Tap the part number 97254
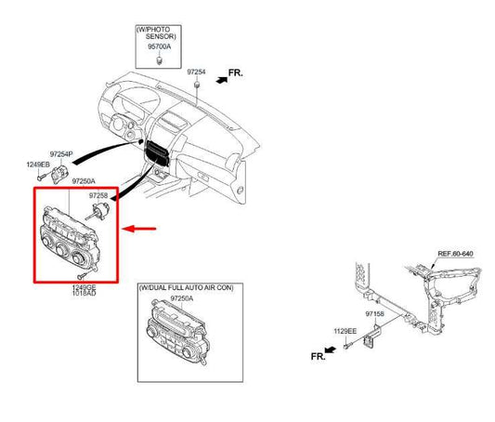[x=195, y=72]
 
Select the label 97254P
[x=61, y=152]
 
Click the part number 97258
[x=99, y=196]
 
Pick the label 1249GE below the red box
[x=85, y=288]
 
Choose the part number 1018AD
[x=85, y=296]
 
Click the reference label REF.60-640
[x=455, y=254]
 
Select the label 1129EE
[x=346, y=332]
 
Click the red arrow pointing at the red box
[x=143, y=228]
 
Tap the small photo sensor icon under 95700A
[x=160, y=60]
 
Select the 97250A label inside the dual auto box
[x=181, y=298]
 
